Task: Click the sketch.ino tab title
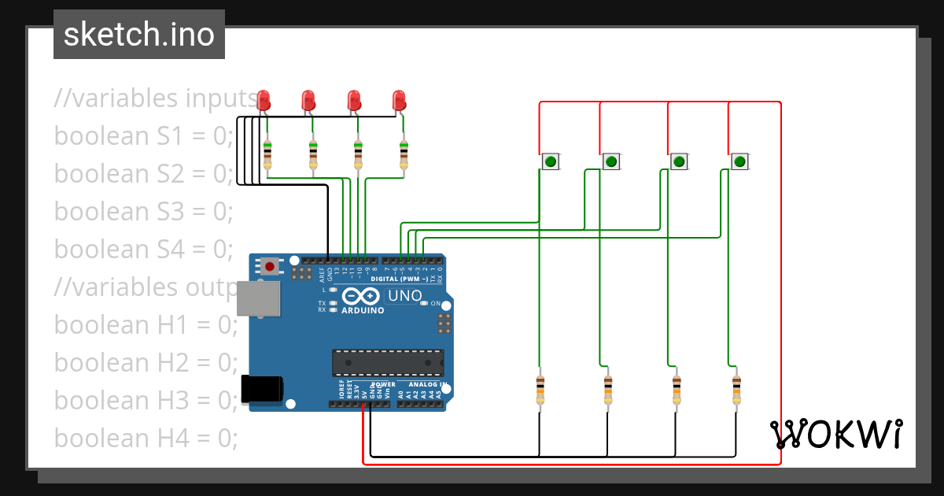tap(139, 35)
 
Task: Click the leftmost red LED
tap(264, 100)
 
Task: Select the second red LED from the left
tap(308, 100)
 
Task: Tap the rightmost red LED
tap(400, 100)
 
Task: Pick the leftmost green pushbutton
tap(551, 162)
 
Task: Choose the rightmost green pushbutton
tap(739, 162)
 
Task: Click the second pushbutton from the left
tap(611, 162)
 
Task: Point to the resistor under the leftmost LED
tap(267, 154)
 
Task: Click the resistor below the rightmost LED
tap(404, 154)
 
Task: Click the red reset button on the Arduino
tap(270, 266)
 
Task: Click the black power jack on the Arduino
tap(261, 388)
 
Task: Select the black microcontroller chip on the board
tap(387, 362)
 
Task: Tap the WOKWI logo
tap(835, 434)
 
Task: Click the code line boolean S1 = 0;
tap(144, 136)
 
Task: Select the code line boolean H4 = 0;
tap(146, 438)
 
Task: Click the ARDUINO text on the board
tap(363, 310)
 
